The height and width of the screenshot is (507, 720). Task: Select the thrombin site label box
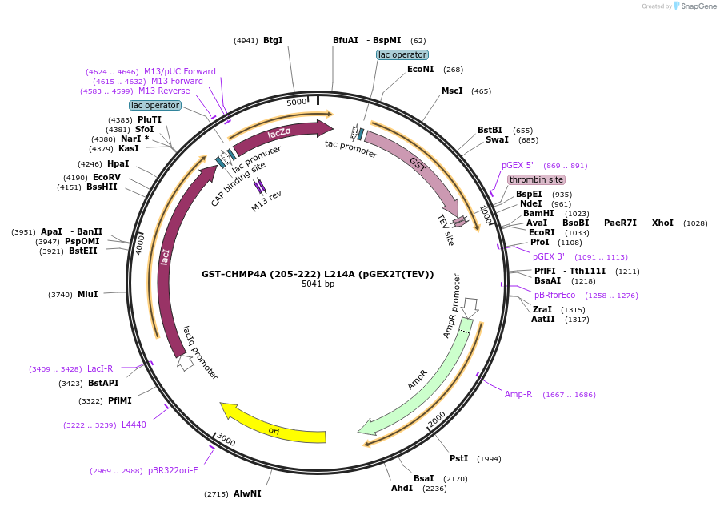pos(536,179)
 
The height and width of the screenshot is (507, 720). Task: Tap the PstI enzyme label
pos(458,458)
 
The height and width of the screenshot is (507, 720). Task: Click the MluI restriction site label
pos(88,294)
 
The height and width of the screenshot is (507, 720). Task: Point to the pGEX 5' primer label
pos(518,165)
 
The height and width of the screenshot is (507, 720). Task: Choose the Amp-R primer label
pos(518,394)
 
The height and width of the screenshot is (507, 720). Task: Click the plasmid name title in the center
pos(318,274)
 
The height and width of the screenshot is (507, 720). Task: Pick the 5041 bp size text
pos(318,284)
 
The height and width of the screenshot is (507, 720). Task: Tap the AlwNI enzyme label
pos(247,493)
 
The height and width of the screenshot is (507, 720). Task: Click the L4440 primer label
pos(134,425)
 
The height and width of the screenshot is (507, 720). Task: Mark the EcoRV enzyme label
pos(106,176)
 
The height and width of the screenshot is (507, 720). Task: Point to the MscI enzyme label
pos(452,91)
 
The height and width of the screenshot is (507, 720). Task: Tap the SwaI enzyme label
pos(497,139)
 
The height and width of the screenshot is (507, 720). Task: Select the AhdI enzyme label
pos(402,488)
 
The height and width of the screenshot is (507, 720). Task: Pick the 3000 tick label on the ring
pos(226,441)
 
